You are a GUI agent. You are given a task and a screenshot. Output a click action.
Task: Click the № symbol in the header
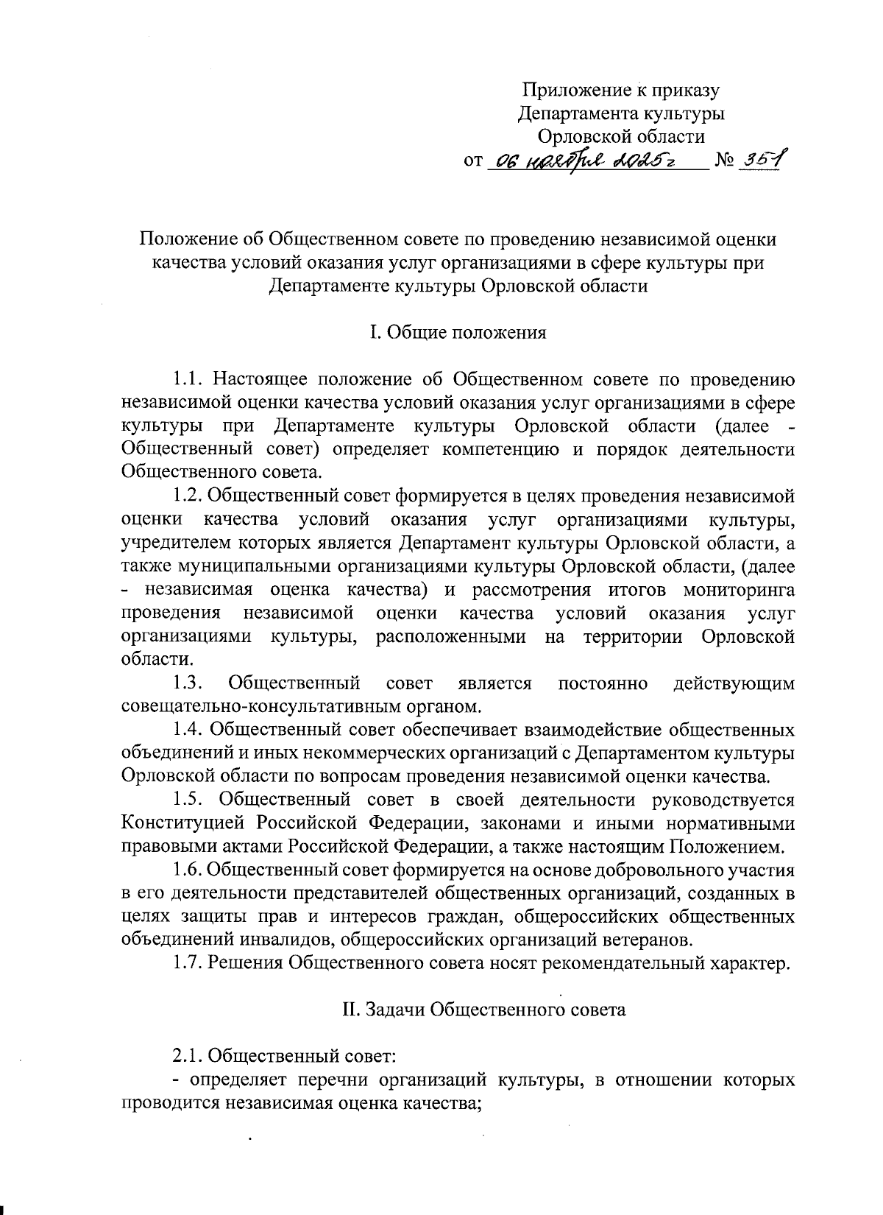click(724, 160)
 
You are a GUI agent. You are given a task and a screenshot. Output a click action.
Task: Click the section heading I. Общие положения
click(458, 333)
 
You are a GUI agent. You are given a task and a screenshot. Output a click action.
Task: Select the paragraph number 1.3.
click(188, 683)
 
